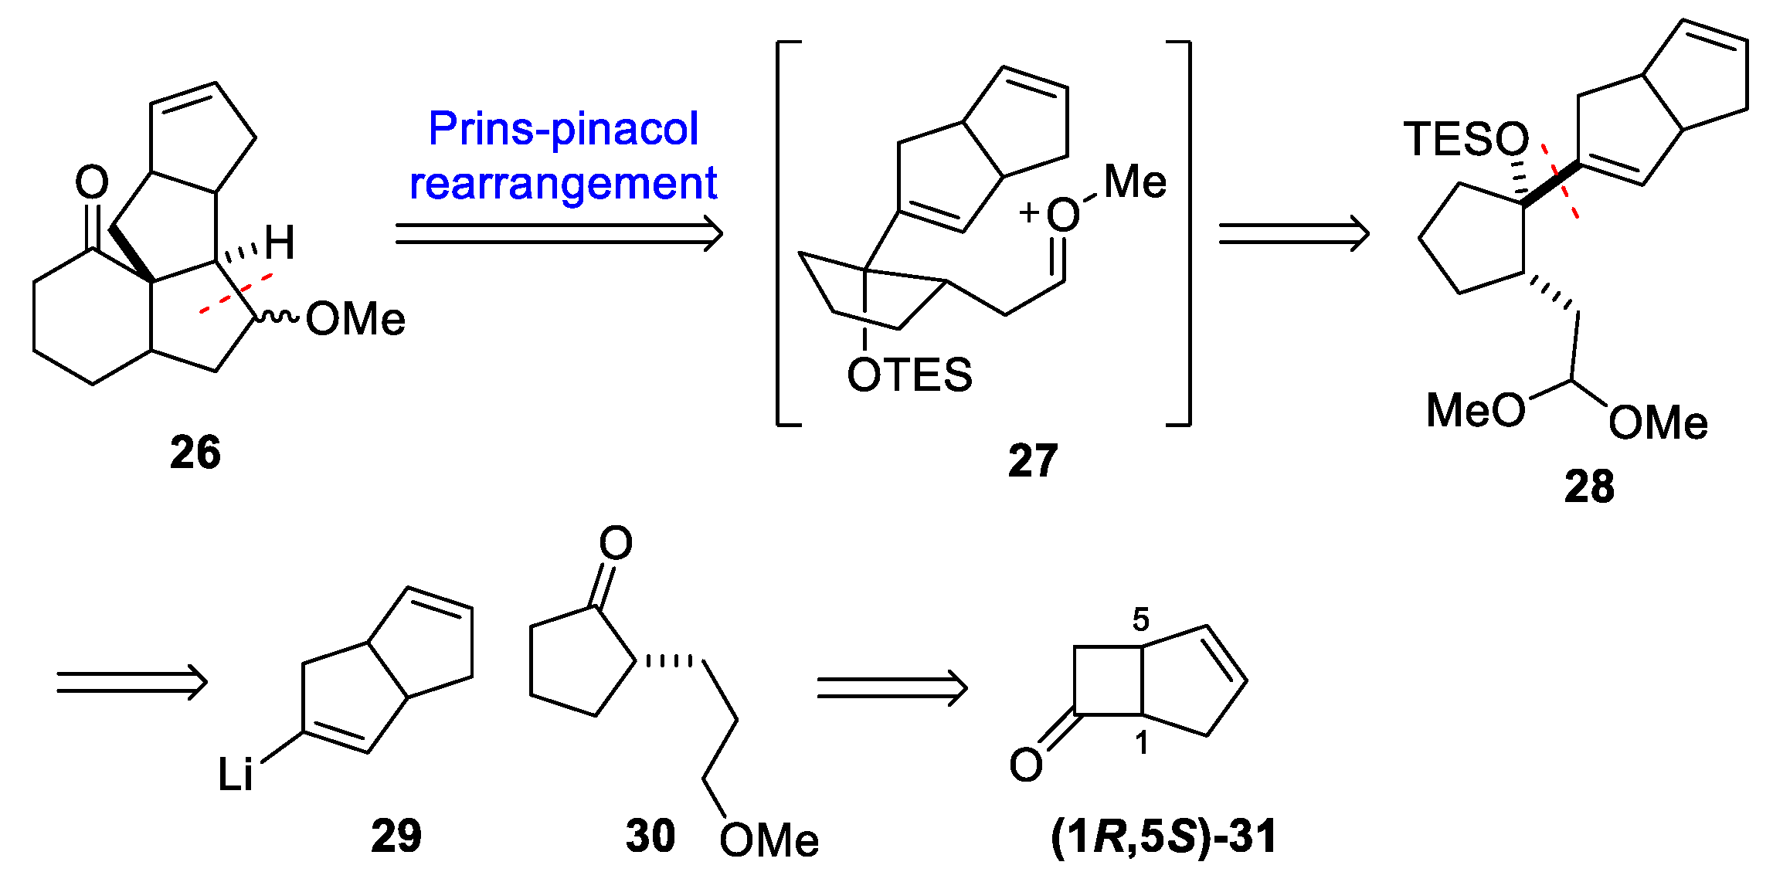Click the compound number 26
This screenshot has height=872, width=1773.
195,452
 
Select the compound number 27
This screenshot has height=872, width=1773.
1032,461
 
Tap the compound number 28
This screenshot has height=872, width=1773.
1589,487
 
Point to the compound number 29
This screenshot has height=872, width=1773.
396,836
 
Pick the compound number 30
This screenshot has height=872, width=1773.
650,836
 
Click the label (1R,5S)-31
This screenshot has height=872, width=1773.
1163,836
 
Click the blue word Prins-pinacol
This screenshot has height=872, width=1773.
563,128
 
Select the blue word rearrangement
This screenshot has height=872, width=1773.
563,184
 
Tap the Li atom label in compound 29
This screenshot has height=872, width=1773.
235,774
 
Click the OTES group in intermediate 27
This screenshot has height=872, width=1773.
909,375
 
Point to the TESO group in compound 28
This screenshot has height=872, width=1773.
1466,140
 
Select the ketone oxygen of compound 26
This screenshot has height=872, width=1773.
92,183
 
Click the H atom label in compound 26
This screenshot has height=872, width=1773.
280,243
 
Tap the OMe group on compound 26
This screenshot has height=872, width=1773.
355,319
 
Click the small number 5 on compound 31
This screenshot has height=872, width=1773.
1140,619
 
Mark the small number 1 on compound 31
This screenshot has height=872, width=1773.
1141,743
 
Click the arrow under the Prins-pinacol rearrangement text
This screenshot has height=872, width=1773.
558,233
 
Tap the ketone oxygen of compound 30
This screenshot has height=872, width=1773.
616,543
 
